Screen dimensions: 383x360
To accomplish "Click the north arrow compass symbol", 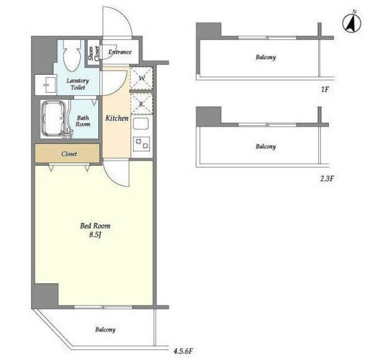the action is coord(352,24).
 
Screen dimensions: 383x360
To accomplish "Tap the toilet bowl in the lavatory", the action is coord(72,56).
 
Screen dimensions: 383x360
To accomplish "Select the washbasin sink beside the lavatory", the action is coord(45,84).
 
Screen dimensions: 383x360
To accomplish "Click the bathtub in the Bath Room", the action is coord(54,119).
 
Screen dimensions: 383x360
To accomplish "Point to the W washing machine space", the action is coord(141,78).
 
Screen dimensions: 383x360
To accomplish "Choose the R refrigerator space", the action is coord(141,104).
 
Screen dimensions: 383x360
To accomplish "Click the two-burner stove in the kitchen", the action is coord(141,143).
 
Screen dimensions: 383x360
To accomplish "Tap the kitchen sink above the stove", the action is coord(141,124).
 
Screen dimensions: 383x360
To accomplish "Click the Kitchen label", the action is coord(117,119).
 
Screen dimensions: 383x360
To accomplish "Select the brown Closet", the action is coord(67,153).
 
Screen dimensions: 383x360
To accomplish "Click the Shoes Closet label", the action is coord(93,53).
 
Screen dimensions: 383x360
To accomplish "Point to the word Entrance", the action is coord(120,52).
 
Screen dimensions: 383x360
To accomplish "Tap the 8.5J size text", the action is coord(95,235).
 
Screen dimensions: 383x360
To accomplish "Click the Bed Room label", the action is coord(95,225).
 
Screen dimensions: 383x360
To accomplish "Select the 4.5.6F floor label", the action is coord(183,351).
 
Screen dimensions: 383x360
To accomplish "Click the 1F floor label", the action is coord(324,89).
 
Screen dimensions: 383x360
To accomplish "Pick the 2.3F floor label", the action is coord(327,179).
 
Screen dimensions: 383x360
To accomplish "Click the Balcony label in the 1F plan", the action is coord(266,58).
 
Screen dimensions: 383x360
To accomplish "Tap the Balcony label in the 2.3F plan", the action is coord(266,147).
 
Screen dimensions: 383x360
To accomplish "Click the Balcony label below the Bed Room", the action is coord(105,329).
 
